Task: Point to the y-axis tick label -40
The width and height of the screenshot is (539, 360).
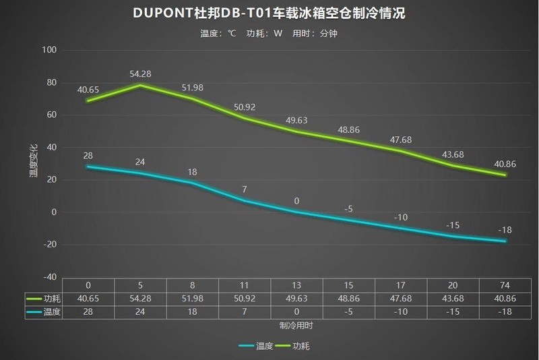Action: tap(49, 277)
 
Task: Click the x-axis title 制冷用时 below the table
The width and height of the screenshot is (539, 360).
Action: tap(296, 325)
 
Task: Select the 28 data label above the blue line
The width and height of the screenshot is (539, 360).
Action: tap(88, 156)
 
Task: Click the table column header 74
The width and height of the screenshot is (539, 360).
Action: tap(505, 284)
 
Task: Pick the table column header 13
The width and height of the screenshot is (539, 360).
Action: tap(296, 284)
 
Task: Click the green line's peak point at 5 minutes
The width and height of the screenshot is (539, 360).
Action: tap(140, 85)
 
